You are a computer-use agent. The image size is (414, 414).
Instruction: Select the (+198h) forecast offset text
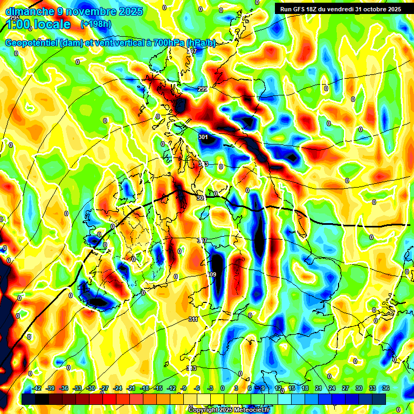point(96,24)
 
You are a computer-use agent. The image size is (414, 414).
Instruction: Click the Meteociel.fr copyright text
point(229,410)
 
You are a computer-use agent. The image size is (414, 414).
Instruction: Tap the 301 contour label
point(203,137)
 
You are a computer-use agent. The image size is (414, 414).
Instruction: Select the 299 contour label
point(202,89)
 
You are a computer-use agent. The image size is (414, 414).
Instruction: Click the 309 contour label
point(211,275)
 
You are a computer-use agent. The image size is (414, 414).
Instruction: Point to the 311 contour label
point(193,319)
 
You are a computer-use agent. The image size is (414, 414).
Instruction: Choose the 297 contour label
point(192,51)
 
